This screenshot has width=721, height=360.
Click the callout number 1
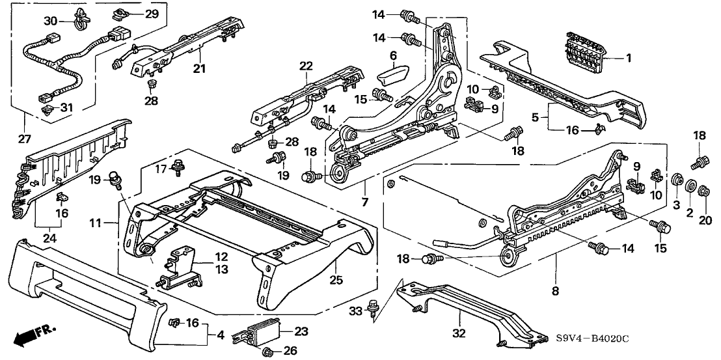tap(629, 59)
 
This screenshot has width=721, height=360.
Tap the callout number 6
tap(394, 55)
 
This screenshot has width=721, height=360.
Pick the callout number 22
tap(306, 66)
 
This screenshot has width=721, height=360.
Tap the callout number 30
tap(50, 20)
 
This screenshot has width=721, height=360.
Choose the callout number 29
tap(151, 14)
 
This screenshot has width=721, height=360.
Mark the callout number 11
tap(96, 223)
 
